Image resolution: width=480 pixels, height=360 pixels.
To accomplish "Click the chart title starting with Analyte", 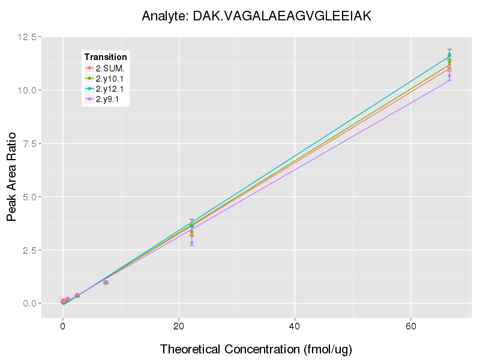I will point(257,16).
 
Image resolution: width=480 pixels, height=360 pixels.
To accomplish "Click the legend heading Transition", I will point(106,57).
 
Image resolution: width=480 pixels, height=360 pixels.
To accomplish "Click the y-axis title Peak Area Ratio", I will point(12,170).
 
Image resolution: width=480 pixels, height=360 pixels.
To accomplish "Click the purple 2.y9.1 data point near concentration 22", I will point(192,243).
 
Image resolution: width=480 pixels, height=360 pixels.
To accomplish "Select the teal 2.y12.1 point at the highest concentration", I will point(449,55).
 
